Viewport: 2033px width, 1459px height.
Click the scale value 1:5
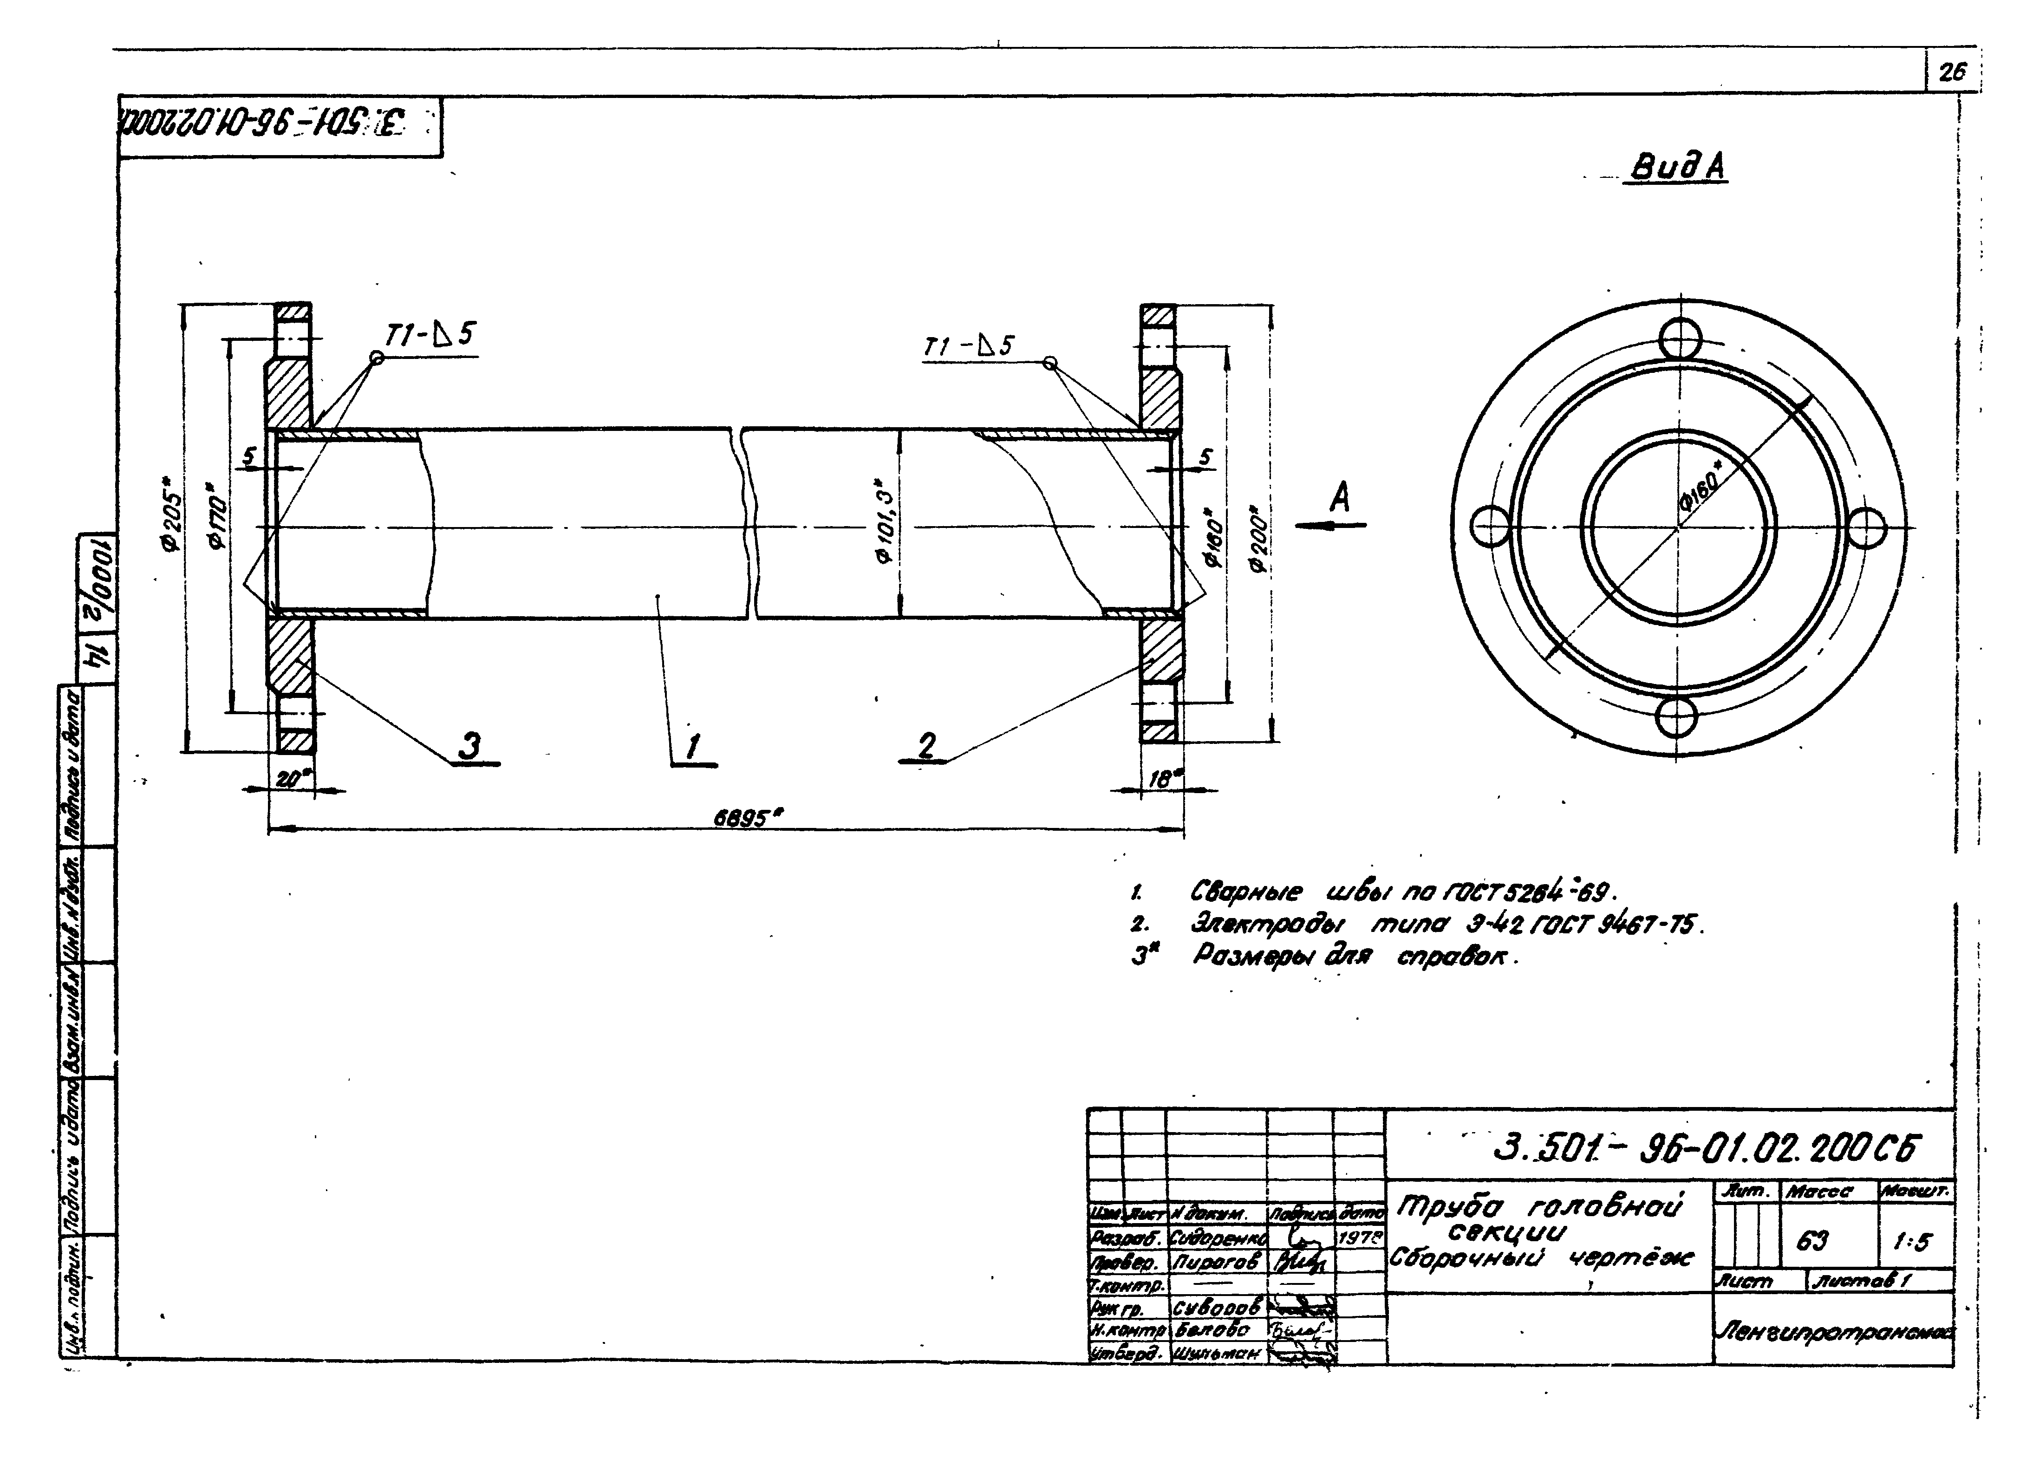tap(1913, 1242)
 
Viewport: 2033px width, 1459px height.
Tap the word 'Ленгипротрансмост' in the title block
tap(1834, 1333)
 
